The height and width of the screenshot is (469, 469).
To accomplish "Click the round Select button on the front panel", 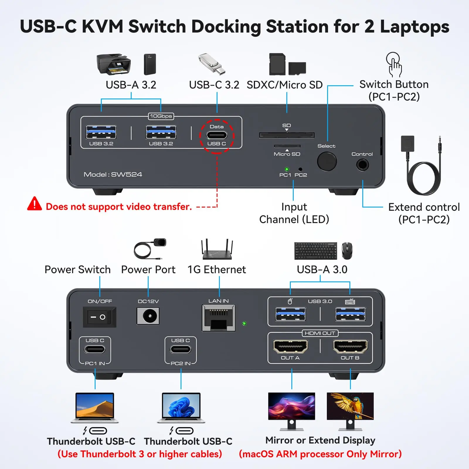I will (x=327, y=161).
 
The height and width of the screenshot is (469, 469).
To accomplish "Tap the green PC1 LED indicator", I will (x=287, y=169).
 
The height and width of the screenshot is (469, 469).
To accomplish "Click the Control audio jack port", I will (x=363, y=165).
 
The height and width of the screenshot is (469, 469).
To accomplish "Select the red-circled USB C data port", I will (x=217, y=135).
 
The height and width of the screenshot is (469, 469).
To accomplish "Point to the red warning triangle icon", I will (x=35, y=204).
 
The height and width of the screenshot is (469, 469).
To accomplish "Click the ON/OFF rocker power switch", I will (x=99, y=317).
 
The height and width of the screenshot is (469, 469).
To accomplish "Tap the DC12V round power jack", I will (x=148, y=316).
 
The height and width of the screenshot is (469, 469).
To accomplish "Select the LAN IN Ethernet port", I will (x=218, y=318).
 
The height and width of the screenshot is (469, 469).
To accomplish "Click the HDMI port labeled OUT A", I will (x=290, y=346).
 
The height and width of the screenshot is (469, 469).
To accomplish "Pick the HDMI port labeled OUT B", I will (x=350, y=346).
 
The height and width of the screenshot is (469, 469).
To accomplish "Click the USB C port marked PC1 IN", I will (x=95, y=349).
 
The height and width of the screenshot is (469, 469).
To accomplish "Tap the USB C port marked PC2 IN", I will (x=181, y=349).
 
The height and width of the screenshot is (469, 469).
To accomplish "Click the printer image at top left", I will (x=114, y=64).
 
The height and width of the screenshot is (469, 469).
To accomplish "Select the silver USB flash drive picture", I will (x=212, y=64).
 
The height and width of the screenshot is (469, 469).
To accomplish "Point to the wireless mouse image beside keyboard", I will (x=347, y=251).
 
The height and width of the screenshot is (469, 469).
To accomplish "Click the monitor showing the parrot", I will (x=350, y=406).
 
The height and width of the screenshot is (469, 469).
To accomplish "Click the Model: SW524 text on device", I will (x=113, y=174).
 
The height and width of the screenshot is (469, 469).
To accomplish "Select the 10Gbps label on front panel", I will (x=161, y=116).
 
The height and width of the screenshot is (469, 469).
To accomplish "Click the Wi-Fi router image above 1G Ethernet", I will (x=217, y=251).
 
